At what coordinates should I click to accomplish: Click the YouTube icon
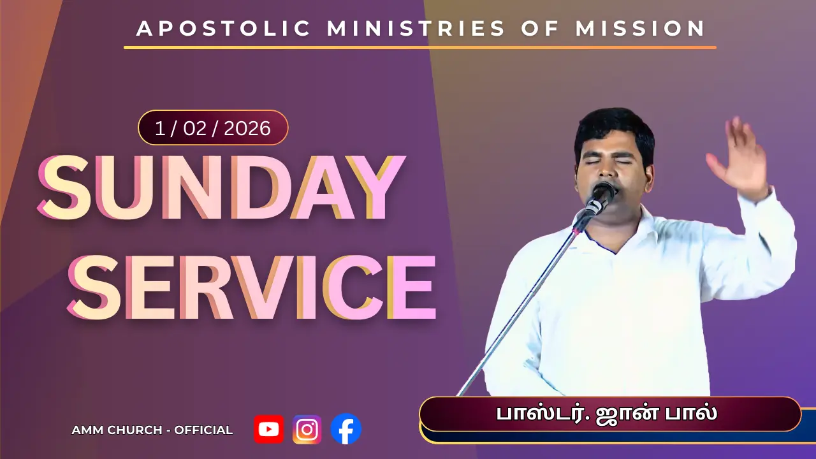point(269,429)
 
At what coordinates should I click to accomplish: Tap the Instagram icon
point(307,430)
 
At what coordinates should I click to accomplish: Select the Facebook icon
point(346,429)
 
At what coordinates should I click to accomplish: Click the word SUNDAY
point(221,188)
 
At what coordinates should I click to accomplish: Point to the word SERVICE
point(251,288)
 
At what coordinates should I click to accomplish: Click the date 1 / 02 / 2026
point(213,128)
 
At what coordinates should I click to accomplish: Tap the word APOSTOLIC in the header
point(223,29)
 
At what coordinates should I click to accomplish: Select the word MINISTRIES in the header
point(416,29)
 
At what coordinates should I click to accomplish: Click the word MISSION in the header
point(640,29)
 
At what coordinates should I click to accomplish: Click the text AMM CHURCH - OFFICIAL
point(152,430)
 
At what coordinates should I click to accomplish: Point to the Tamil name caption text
point(606,414)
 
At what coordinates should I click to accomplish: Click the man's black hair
point(615,131)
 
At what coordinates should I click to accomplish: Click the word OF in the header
point(540,29)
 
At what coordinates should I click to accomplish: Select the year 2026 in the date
point(247,128)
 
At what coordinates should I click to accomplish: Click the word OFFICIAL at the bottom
point(203,430)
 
